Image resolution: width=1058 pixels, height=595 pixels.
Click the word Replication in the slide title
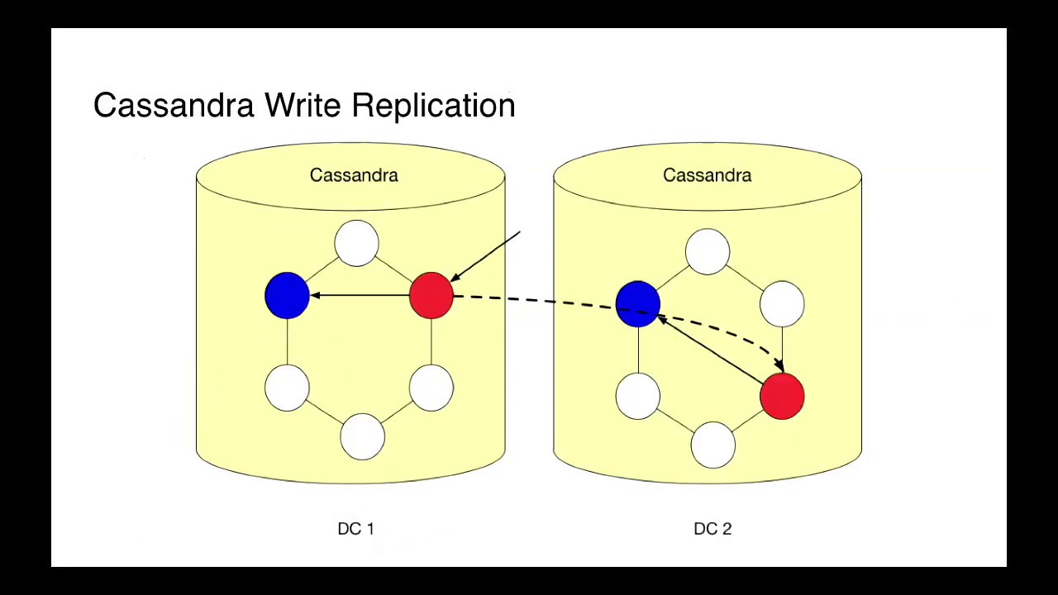click(x=433, y=106)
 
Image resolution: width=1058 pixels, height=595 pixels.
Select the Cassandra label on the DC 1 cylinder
click(x=354, y=175)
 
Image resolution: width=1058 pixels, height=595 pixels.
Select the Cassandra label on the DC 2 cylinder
click(x=707, y=175)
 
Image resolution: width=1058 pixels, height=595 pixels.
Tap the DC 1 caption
click(x=355, y=529)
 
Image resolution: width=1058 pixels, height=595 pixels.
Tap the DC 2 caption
click(x=712, y=529)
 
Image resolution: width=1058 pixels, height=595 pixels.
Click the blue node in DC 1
click(x=287, y=295)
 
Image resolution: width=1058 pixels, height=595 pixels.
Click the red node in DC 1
click(x=431, y=295)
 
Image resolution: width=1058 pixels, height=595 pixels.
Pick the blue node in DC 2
click(x=637, y=303)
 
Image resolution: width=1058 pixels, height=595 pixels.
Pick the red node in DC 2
click(x=781, y=397)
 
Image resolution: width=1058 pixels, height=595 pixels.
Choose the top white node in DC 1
click(x=356, y=243)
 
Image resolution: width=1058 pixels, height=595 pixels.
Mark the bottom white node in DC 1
click(x=362, y=436)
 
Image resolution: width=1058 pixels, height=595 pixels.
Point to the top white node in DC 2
click(x=707, y=251)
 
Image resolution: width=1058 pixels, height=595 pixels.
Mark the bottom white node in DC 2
click(x=712, y=445)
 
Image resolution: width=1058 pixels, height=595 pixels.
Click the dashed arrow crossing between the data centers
click(x=537, y=300)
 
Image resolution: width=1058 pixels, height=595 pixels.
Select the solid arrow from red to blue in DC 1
click(x=360, y=295)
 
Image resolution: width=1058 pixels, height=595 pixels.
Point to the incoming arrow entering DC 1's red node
click(x=488, y=255)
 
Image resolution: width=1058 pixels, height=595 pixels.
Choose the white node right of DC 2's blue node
click(x=781, y=303)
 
